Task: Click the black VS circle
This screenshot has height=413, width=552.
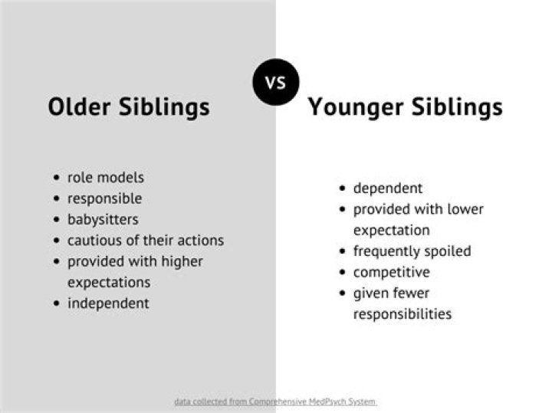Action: pos(275,81)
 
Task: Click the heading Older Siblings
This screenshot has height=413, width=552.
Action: pos(128,107)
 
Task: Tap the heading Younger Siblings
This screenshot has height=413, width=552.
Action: pos(405,107)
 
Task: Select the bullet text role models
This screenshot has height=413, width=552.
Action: pos(106,177)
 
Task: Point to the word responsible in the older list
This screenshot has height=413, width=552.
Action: pos(105,198)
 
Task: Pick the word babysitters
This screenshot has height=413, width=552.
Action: pos(103,219)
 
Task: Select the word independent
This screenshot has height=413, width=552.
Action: pos(108,303)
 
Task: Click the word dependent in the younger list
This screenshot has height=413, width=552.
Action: pos(388,188)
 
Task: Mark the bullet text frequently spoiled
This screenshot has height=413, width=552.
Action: pos(412,251)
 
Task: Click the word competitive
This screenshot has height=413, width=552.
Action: pos(391,272)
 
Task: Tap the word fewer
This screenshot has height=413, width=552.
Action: pos(411,293)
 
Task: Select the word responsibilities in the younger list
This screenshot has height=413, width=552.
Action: pos(402,313)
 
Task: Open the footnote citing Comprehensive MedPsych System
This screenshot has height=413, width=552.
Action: pos(275,402)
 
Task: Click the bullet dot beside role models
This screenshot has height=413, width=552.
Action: pos(57,178)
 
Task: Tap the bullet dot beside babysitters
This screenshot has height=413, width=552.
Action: pos(57,220)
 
